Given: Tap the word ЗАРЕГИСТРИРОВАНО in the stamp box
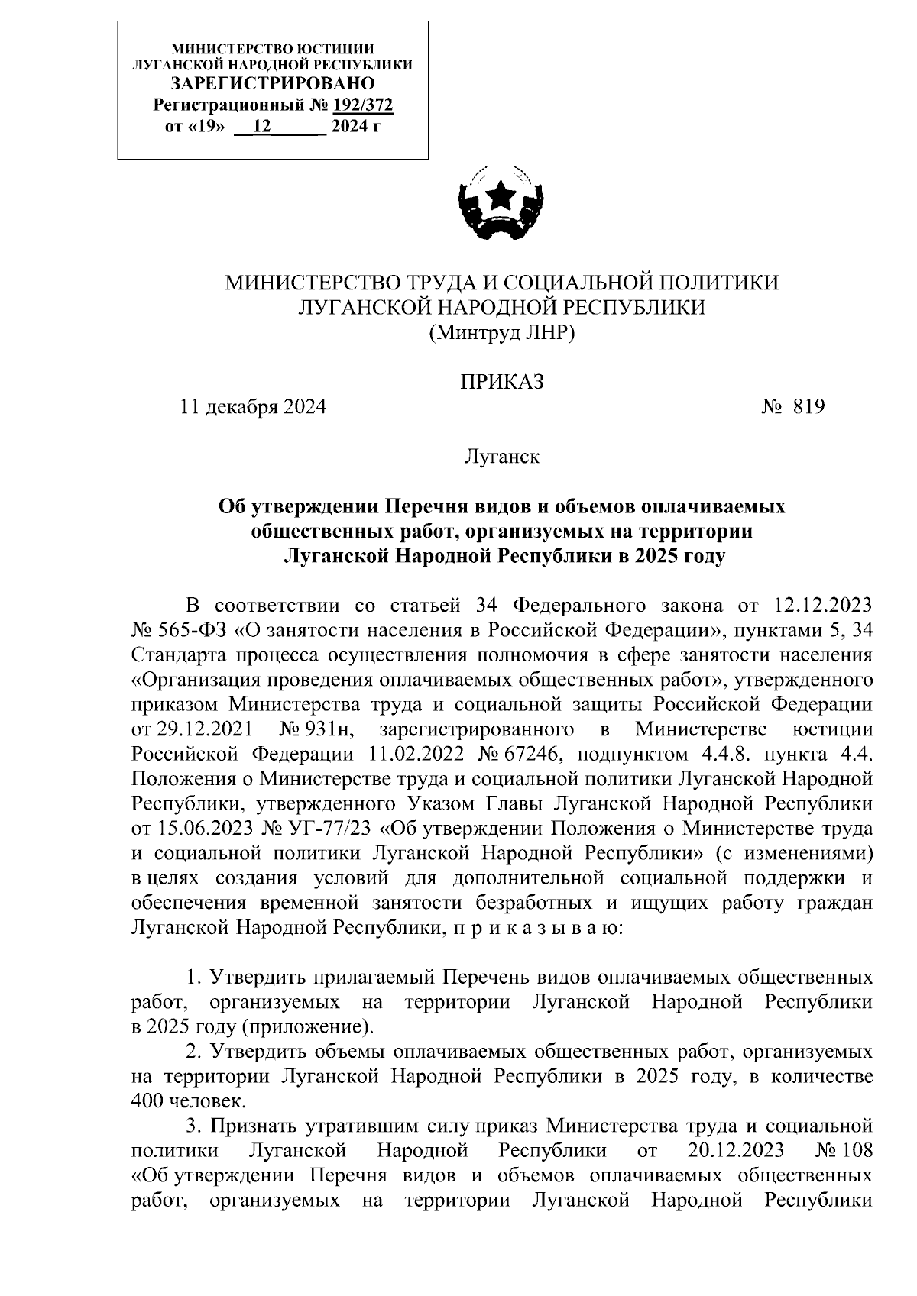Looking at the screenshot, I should point(273,84).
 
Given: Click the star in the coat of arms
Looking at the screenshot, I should point(501,197).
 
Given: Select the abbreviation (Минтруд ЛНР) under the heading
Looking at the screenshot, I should point(501,333).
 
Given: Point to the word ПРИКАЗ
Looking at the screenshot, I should point(501,382).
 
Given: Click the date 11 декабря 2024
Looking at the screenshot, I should point(253,406).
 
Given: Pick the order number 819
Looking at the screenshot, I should point(809,406).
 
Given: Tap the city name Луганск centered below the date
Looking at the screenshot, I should point(501,457).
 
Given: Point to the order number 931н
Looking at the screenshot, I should point(329,729).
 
